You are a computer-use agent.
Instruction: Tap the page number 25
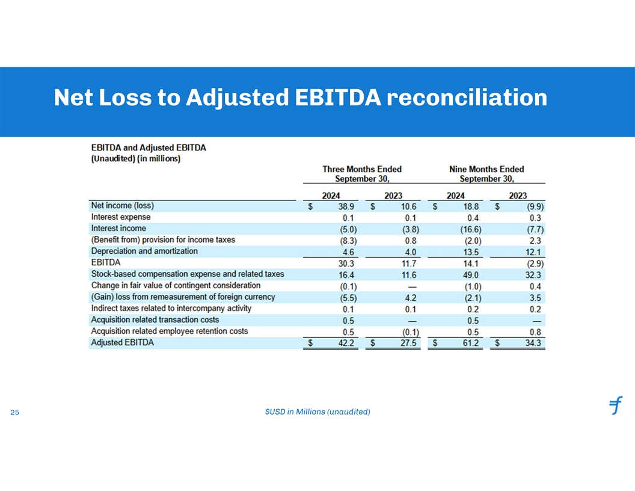(15, 413)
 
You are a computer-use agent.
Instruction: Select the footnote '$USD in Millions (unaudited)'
(317, 412)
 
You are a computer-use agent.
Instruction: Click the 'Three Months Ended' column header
(362, 169)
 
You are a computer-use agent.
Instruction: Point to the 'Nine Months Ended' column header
(486, 169)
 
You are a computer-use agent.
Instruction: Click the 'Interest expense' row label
(121, 217)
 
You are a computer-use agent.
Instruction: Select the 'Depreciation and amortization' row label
(144, 251)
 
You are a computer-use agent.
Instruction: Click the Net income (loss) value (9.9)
(533, 206)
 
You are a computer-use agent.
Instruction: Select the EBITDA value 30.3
(348, 263)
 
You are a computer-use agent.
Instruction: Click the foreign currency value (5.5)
(348, 297)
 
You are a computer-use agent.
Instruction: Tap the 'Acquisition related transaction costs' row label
(155, 320)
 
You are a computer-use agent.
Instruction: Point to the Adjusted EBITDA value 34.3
(533, 343)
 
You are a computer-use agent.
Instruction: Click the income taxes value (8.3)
(348, 240)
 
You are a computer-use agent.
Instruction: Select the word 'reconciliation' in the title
(466, 97)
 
